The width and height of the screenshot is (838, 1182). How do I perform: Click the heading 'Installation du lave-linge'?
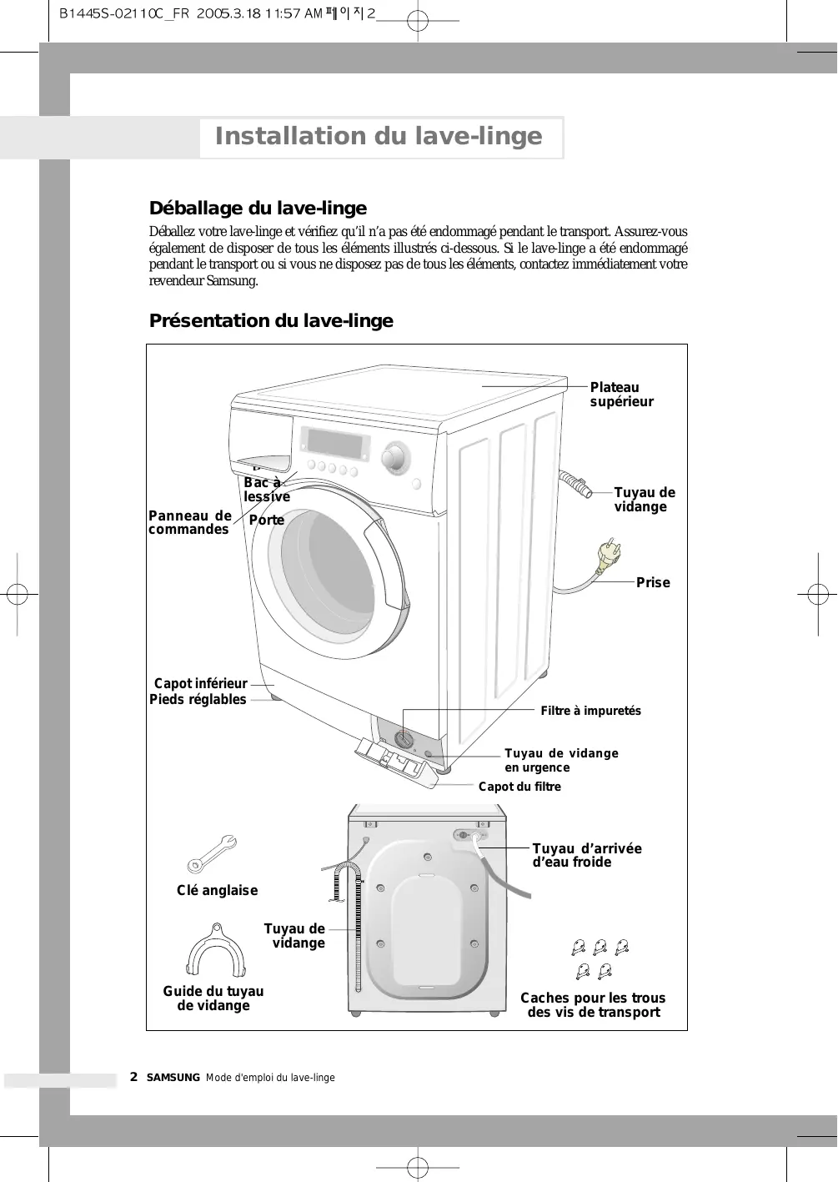[379, 136]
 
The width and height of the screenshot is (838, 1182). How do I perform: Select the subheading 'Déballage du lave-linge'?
[258, 209]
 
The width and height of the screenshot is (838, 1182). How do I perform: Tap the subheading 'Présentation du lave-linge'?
[271, 321]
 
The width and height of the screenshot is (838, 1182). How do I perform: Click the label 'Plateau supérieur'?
[621, 395]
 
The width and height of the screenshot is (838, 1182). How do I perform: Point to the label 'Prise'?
[653, 583]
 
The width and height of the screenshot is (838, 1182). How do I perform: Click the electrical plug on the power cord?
[607, 555]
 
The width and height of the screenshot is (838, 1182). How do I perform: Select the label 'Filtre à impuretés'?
[590, 711]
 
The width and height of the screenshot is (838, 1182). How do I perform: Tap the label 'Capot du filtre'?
[519, 787]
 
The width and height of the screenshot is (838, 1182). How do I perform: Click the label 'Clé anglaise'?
[217, 891]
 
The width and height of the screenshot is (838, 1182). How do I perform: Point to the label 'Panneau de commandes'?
[189, 523]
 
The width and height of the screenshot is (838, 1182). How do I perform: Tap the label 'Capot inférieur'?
[201, 684]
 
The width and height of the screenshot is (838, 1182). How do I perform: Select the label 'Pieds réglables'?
[198, 700]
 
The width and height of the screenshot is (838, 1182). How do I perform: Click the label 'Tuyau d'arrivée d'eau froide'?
[587, 855]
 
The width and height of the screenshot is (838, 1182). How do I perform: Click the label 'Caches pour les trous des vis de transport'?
[593, 1005]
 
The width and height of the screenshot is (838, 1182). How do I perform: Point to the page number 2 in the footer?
[133, 1077]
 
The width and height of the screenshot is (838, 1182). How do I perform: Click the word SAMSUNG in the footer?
[173, 1078]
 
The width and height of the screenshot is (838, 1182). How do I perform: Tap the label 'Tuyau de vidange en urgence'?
[561, 761]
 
